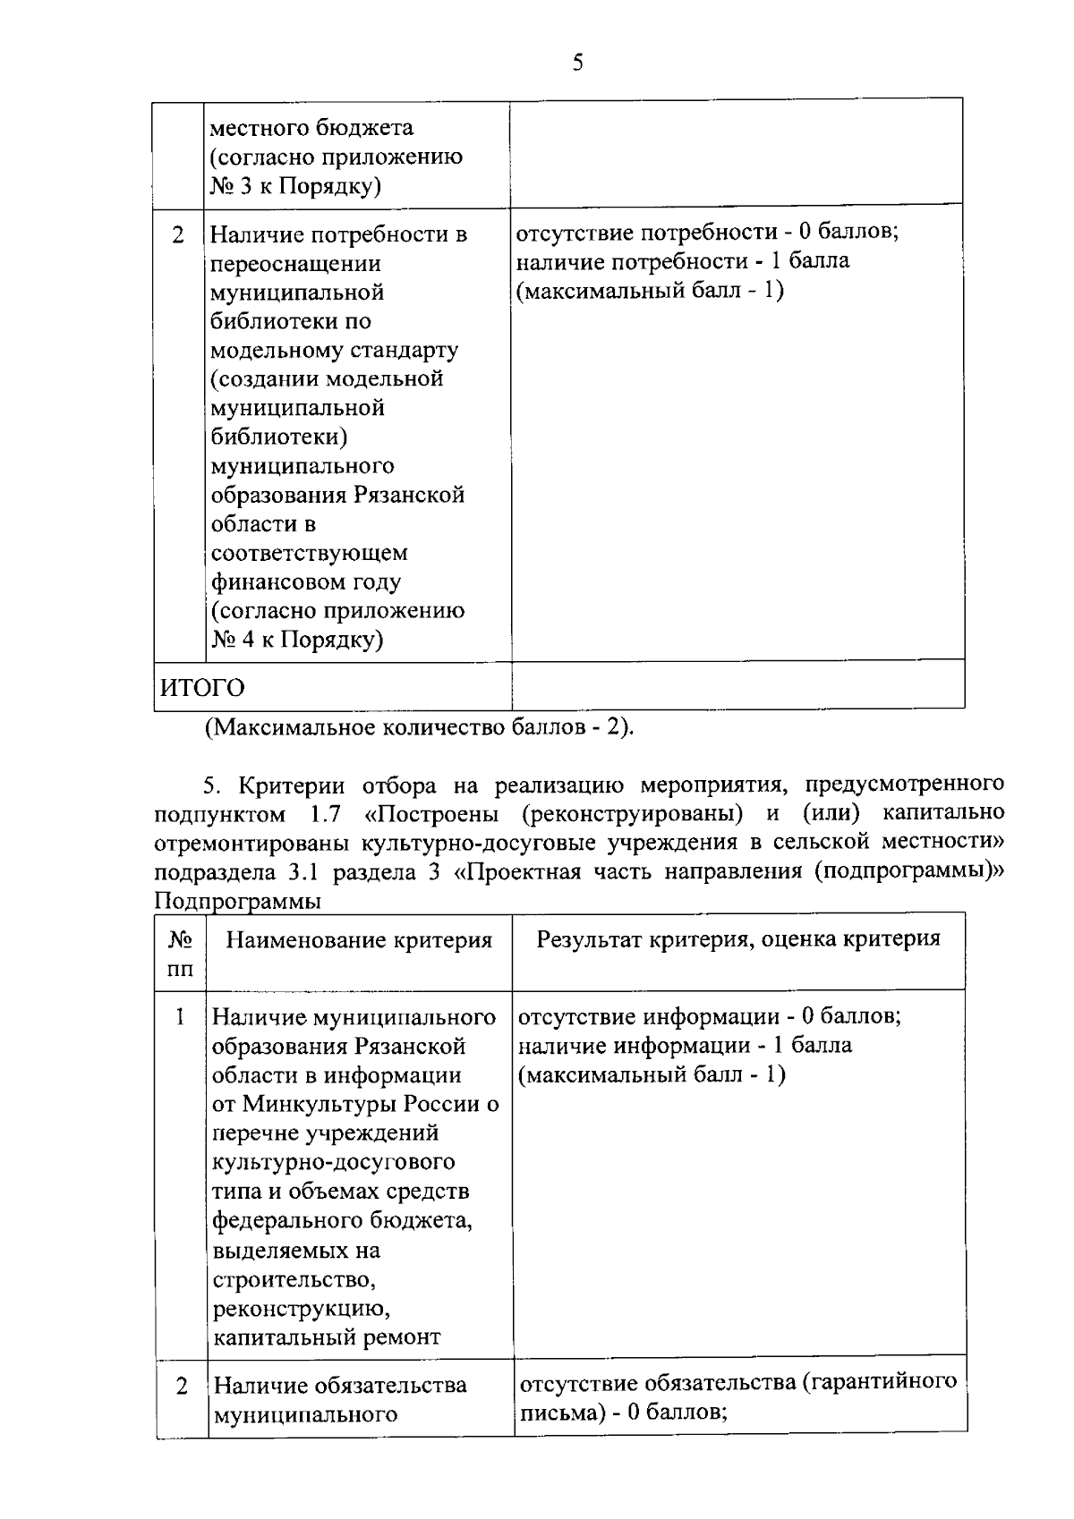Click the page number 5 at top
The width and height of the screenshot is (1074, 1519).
coord(577,63)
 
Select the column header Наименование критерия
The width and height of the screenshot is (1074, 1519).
coord(359,940)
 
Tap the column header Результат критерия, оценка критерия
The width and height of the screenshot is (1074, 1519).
coord(738,938)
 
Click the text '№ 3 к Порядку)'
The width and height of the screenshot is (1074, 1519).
coord(296,186)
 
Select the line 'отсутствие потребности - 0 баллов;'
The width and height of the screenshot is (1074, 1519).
coord(707,233)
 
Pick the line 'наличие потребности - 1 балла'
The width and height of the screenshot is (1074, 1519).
coord(683,261)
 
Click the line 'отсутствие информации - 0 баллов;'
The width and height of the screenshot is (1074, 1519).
coord(710,1017)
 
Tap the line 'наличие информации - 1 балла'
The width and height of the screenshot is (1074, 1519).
coord(686,1046)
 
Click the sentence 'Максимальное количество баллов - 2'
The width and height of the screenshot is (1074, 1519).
coord(419,727)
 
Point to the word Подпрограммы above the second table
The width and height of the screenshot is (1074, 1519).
coord(237,902)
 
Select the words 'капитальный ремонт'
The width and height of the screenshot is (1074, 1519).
coord(327,1337)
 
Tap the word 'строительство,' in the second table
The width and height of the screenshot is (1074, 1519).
coord(294,1279)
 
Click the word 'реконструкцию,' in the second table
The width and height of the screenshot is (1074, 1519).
coord(302,1309)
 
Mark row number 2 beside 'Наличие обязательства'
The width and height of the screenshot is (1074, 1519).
coord(182,1387)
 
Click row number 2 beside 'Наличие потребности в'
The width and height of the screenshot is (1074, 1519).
coord(179,235)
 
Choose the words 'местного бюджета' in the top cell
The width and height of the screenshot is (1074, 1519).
coord(311,128)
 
